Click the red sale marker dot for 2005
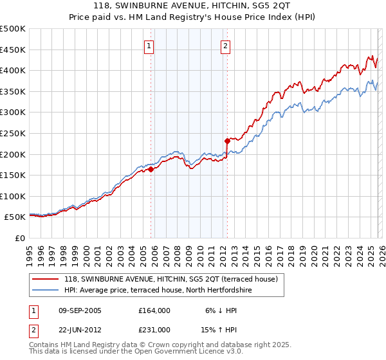pyautogui.click(x=151, y=170)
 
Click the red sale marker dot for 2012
pyautogui.click(x=227, y=141)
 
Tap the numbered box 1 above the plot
pyautogui.click(x=149, y=46)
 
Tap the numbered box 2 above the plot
pyautogui.click(x=226, y=46)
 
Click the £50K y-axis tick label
pyautogui.click(x=15, y=217)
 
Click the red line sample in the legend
pyautogui.click(x=46, y=279)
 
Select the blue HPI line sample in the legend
pyautogui.click(x=46, y=290)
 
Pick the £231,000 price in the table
pyautogui.click(x=155, y=329)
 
